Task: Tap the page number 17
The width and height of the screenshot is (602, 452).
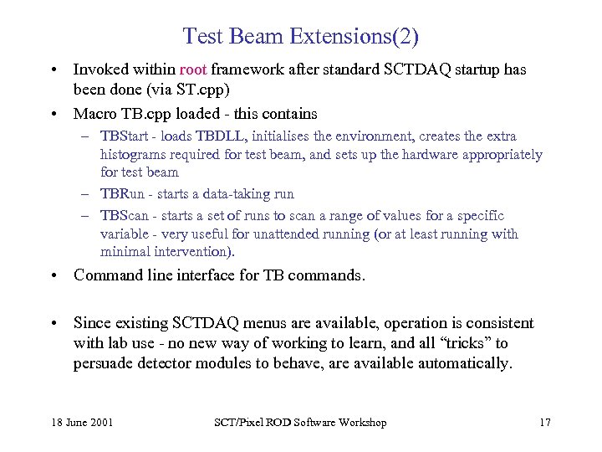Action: click(544, 423)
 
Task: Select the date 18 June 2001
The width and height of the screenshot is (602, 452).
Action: click(81, 423)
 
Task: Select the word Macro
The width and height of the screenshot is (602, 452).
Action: click(94, 113)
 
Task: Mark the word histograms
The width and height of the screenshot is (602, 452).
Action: click(132, 155)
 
